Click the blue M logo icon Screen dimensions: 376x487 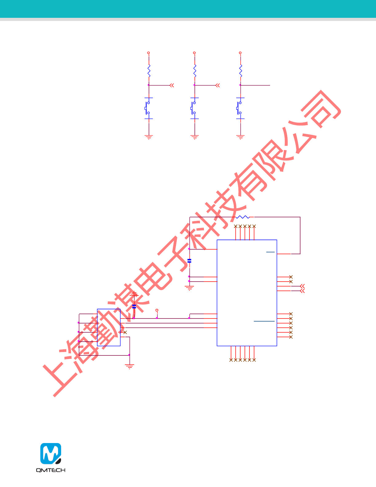[51, 453]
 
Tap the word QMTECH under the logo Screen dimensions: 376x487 [51, 470]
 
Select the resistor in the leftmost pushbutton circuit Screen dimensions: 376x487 [149, 71]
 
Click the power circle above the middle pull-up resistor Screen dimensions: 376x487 [194, 53]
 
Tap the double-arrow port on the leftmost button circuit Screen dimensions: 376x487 [172, 85]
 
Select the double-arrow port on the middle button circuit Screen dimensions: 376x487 [217, 85]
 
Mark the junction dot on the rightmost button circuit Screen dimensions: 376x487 [240, 85]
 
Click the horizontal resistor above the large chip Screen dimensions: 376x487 [242, 217]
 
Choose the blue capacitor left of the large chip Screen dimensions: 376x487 [189, 261]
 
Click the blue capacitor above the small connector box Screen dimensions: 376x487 [134, 306]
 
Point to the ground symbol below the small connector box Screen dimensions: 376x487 [129, 366]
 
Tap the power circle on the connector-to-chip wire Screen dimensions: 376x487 [157, 311]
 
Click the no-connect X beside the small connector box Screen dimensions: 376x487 [125, 332]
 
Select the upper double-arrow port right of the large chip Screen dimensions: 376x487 [302, 286]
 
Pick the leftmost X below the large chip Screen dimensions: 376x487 [231, 360]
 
